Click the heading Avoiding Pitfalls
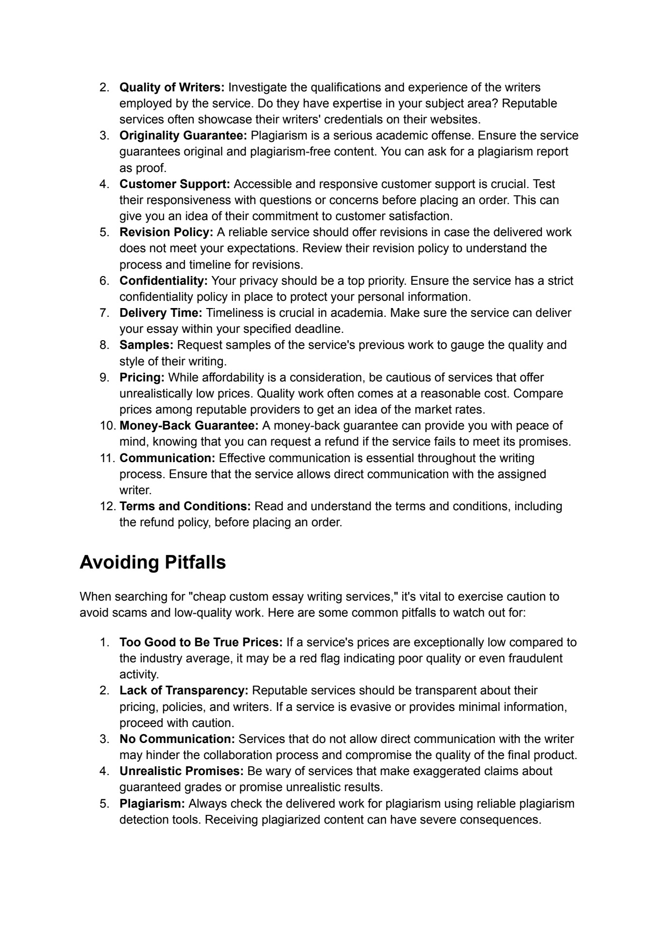152,562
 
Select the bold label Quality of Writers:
172,87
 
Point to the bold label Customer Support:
175,184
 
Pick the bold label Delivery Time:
161,313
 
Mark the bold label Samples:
147,345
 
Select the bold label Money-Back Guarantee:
189,426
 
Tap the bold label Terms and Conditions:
185,506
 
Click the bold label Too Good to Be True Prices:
201,642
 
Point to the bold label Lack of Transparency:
184,691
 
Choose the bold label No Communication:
177,739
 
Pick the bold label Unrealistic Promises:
182,771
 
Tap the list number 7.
104,313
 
